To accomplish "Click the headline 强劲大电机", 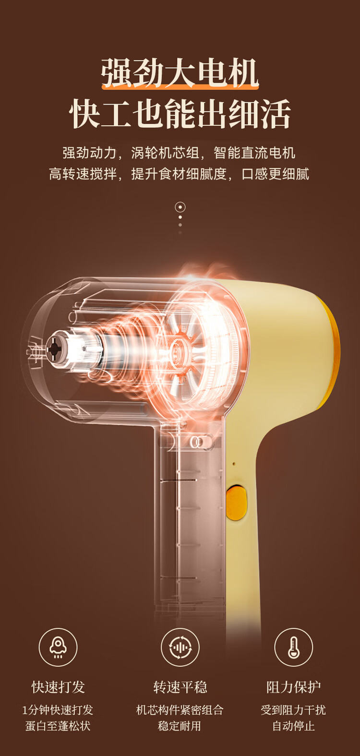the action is pos(180,72).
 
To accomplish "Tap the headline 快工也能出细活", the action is pos(180,114).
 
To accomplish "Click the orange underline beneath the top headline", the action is pos(180,87).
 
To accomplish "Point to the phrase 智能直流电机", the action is pos(254,153).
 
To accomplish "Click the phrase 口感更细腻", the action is pos(276,174).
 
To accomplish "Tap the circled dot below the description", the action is pos(180,207).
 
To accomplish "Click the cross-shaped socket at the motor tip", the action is pos(53,349).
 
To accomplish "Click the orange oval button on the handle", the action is pos(236,502).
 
